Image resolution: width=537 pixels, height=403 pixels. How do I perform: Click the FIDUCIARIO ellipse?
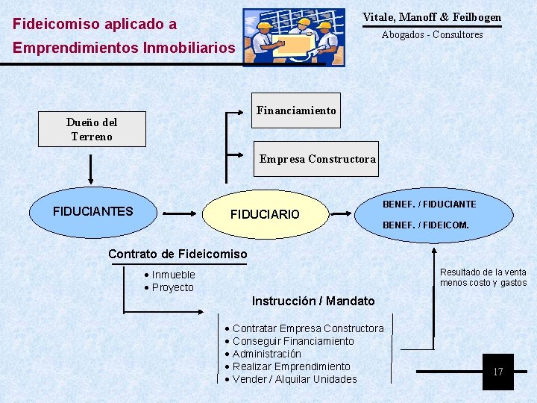[265, 214]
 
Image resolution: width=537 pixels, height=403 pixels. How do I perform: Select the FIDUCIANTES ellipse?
[92, 212]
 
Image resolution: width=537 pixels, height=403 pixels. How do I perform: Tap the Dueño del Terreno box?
[92, 129]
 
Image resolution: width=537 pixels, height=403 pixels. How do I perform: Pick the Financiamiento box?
[296, 110]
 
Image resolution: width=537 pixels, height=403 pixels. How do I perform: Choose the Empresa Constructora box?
[316, 159]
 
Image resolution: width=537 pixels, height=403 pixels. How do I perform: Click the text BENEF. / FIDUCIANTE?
[429, 204]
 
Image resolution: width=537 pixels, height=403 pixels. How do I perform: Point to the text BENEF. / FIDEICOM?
[425, 225]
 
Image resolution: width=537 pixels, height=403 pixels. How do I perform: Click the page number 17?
[498, 372]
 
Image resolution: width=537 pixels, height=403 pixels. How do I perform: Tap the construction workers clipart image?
[295, 37]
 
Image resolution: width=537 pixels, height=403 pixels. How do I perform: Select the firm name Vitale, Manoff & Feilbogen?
[432, 17]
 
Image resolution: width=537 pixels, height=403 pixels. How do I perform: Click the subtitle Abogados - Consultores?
[432, 34]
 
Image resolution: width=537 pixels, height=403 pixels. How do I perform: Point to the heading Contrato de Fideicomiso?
[178, 254]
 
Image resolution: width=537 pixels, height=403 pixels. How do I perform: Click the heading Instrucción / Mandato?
[313, 301]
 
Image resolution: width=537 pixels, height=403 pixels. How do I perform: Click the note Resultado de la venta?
[483, 272]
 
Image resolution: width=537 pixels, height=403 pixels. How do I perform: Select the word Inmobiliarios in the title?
[189, 49]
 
